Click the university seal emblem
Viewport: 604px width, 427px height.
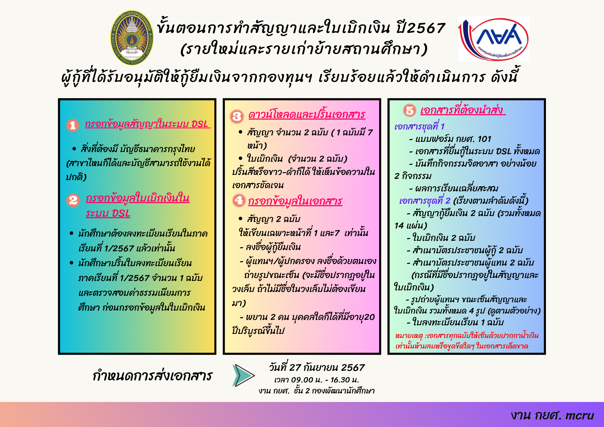[132, 38]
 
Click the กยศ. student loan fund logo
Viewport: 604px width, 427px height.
[494, 39]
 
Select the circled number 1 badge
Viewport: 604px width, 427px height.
[73, 125]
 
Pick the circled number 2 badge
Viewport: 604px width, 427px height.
[73, 200]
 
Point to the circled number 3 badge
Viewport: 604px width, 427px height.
[237, 117]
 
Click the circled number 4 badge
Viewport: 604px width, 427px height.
[239, 200]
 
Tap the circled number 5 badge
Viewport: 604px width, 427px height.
[410, 110]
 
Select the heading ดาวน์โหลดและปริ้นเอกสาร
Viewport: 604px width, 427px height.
[307, 115]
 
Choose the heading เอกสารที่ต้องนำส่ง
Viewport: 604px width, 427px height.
[463, 110]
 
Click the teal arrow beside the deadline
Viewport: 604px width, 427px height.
[243, 375]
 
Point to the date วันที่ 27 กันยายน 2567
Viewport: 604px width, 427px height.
[317, 367]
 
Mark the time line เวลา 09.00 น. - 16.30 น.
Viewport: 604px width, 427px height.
[317, 380]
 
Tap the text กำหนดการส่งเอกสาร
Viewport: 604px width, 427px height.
[152, 376]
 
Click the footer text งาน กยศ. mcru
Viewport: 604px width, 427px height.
[552, 415]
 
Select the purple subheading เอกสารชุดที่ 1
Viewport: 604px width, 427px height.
[419, 126]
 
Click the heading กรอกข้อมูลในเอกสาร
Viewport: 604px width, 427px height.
[295, 201]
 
